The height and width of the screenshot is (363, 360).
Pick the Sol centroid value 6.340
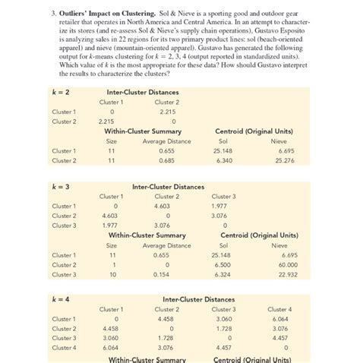(223, 160)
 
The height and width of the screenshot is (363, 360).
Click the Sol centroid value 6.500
(223, 264)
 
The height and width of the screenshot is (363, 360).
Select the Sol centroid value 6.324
(223, 274)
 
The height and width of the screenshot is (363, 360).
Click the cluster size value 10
(111, 274)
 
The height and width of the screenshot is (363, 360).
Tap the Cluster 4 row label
(63, 347)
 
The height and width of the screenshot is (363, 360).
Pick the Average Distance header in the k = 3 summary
(166, 245)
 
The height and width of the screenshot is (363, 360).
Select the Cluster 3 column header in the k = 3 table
(223, 196)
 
